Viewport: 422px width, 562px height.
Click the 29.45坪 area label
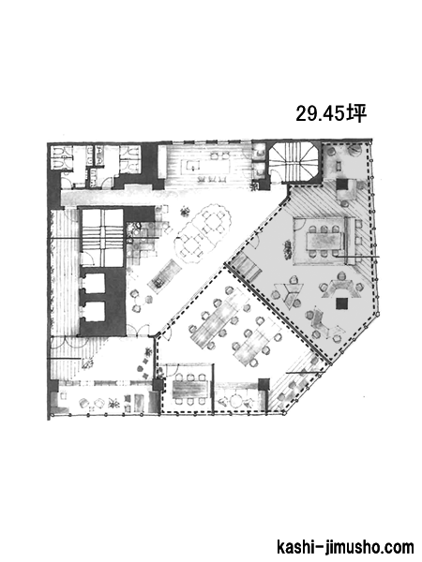[x=331, y=113]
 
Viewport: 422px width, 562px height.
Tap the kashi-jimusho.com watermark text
[x=345, y=547]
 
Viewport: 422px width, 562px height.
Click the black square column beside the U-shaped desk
[x=341, y=303]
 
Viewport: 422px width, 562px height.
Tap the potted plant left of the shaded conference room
[x=288, y=249]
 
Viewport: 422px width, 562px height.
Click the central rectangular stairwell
[x=103, y=238]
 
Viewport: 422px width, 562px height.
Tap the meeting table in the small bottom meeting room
[x=189, y=389]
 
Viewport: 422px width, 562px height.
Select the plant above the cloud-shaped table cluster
[x=185, y=211]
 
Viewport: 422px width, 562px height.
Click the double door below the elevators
[x=138, y=331]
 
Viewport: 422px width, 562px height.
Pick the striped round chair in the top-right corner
[x=354, y=149]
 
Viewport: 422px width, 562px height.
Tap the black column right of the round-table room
[x=264, y=385]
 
